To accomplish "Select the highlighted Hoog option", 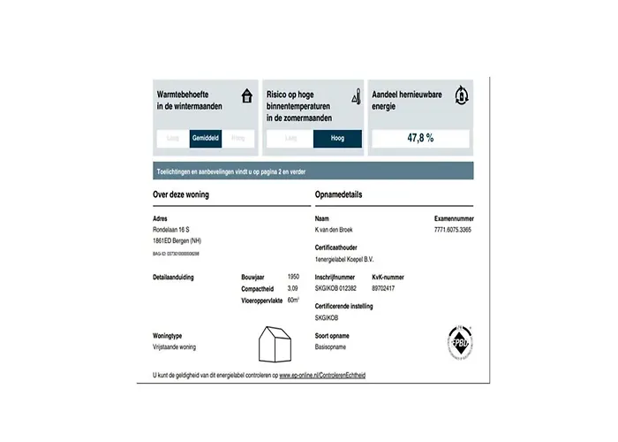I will [x=337, y=138].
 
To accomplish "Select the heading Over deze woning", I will [x=181, y=194].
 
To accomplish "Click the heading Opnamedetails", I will [x=339, y=194].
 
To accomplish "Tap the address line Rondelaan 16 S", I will [x=171, y=228].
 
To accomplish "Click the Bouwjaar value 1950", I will [x=293, y=277].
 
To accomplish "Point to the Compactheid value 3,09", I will [x=294, y=288].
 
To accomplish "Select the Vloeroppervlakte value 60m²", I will [x=294, y=300].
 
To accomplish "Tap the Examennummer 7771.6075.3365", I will [x=453, y=228].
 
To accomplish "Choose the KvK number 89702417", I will [x=384, y=288].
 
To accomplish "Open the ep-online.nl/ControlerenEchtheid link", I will [x=322, y=375].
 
